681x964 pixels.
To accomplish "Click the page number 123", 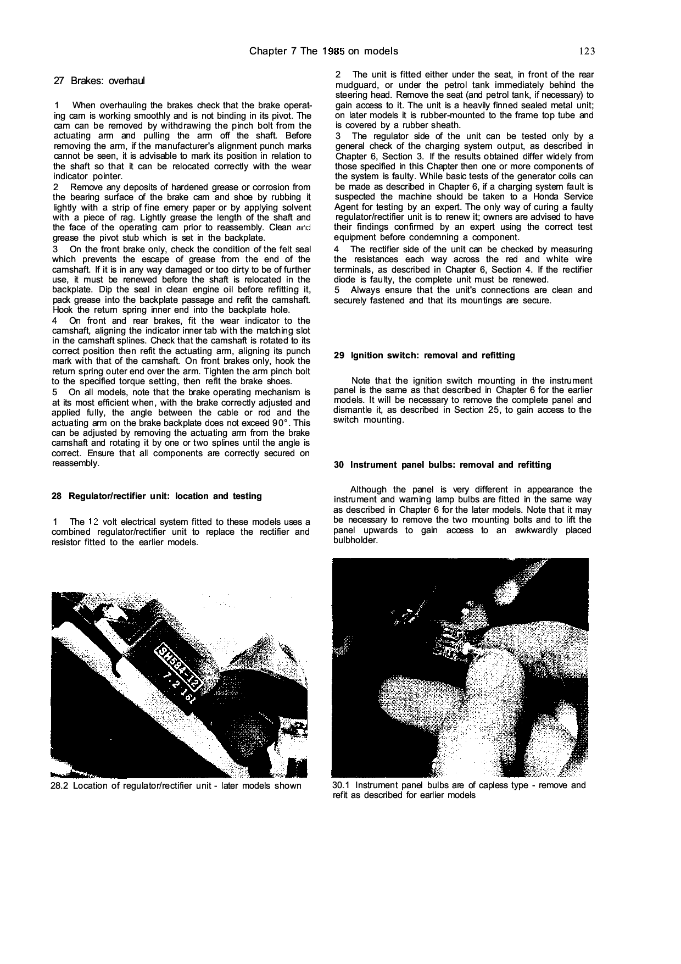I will coord(587,52).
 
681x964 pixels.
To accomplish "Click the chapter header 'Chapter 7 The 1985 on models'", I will coord(323,52).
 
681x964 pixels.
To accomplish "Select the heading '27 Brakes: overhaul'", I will coord(99,81).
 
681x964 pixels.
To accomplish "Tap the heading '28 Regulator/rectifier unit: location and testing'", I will coord(157,496).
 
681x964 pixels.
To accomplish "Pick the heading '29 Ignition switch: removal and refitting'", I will coord(425,356).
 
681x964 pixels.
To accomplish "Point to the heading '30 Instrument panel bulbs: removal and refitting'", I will coord(443,465).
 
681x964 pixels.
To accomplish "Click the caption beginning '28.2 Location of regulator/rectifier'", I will coord(176,786).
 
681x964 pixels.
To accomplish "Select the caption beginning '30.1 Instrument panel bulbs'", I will coord(459,790).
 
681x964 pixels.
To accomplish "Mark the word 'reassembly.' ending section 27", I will coord(76,463).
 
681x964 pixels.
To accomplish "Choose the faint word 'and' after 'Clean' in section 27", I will coord(302,228).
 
